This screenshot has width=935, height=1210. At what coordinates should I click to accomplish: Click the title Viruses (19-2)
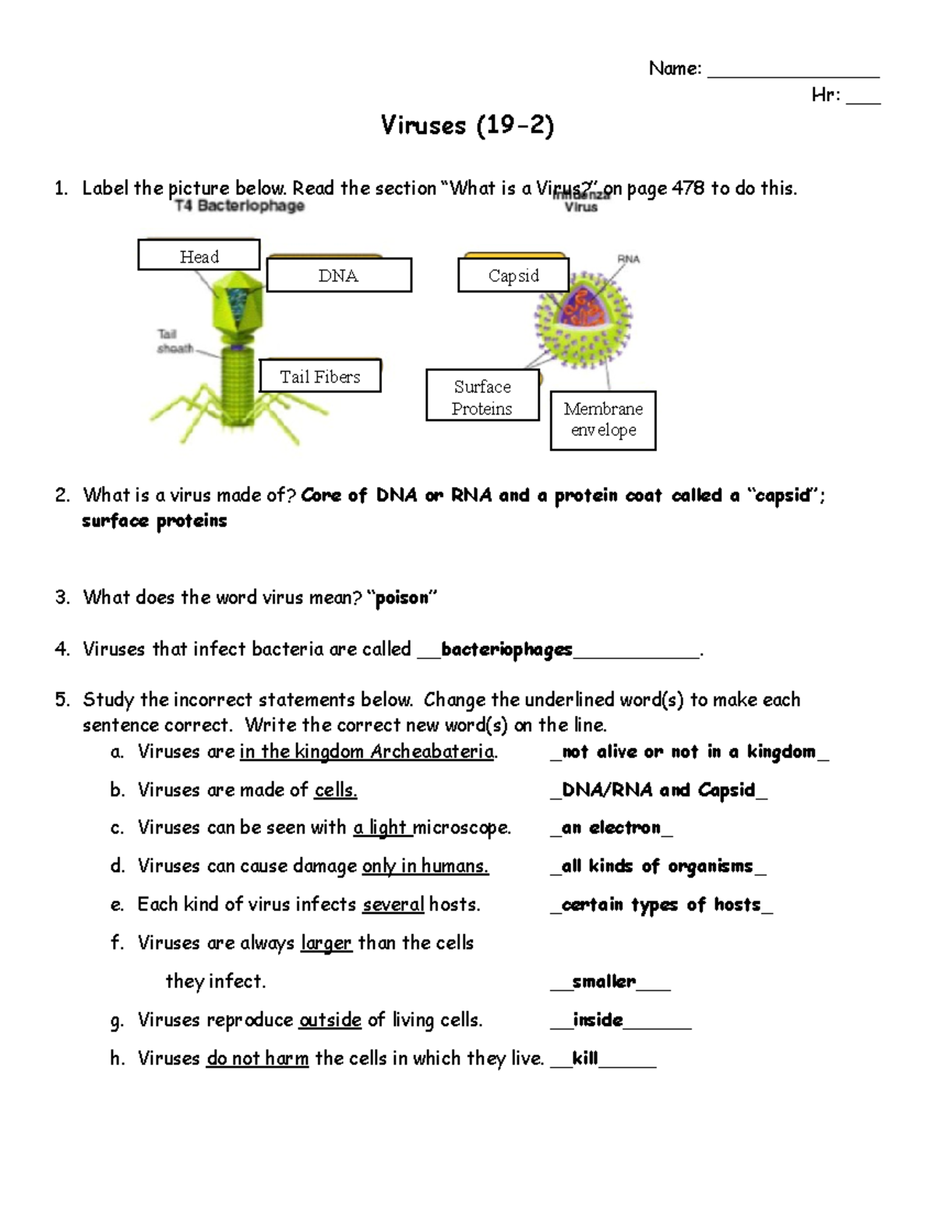pos(467,125)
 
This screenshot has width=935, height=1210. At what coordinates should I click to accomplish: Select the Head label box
pos(199,256)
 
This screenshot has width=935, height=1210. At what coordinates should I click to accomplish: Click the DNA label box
pos(339,276)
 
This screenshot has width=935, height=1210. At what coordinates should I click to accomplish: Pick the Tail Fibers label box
pos(319,376)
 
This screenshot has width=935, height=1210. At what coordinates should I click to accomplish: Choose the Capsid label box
pos(513,276)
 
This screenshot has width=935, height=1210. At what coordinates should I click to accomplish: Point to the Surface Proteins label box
pos(482,397)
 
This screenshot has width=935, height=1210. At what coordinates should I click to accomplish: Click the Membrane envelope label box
pos(603,420)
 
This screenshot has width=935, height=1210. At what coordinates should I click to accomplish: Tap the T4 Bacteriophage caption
pos(239,206)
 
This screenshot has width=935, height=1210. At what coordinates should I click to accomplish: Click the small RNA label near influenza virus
pos(628,259)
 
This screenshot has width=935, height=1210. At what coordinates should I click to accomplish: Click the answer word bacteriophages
pos(506,650)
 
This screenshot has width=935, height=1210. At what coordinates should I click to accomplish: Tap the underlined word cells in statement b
pos(335,790)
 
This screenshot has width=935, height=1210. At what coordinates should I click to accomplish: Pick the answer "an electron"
pos(611,827)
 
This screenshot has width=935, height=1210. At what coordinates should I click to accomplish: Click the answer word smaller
pos(604,982)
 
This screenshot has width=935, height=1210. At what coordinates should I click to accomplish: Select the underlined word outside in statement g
pos(330,1020)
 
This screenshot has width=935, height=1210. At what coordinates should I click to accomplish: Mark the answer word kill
pos(584,1058)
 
